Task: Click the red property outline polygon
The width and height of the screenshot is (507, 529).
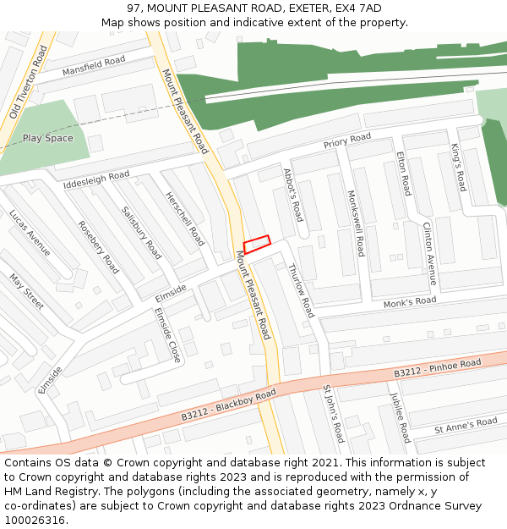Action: pyautogui.click(x=257, y=244)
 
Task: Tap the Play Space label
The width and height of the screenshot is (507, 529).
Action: pyautogui.click(x=47, y=138)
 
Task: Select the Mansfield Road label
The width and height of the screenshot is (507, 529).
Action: pyautogui.click(x=93, y=65)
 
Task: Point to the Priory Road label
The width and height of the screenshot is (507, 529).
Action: pyautogui.click(x=346, y=141)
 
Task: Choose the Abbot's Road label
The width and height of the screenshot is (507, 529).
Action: pyautogui.click(x=293, y=195)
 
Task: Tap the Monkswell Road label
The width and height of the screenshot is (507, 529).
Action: pyautogui.click(x=356, y=223)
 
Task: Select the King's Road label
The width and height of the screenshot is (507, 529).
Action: pyautogui.click(x=458, y=168)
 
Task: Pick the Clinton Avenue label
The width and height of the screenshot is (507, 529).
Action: pyautogui.click(x=429, y=253)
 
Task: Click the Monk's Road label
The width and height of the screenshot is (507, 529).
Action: pyautogui.click(x=410, y=302)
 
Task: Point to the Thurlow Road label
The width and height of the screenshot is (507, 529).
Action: pyautogui.click(x=301, y=290)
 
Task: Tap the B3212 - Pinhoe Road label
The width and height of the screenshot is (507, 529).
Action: pyautogui.click(x=437, y=368)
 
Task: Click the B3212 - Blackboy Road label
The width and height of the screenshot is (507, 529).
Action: pyautogui.click(x=228, y=405)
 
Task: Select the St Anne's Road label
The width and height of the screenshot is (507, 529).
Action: pyautogui.click(x=466, y=426)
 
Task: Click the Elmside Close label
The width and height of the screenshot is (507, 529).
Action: pyautogui.click(x=167, y=334)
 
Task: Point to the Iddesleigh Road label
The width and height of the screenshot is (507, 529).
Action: pyautogui.click(x=96, y=179)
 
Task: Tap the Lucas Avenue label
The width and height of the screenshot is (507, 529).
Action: pyautogui.click(x=30, y=232)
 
